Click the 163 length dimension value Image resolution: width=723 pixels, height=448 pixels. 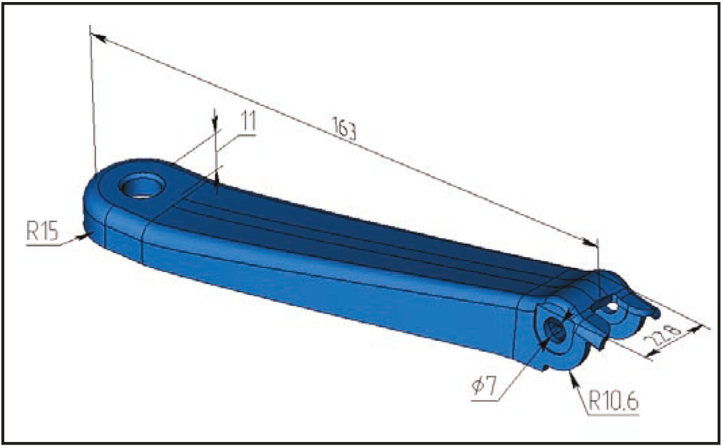(344, 129)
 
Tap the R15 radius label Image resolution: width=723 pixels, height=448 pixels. (43, 231)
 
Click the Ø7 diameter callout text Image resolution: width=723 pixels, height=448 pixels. (484, 385)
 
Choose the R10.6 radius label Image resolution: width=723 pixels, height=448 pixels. (613, 401)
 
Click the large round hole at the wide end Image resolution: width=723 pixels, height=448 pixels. (142, 186)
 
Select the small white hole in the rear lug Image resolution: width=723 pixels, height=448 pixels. (612, 306)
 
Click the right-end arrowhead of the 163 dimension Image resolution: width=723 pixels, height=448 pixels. (590, 242)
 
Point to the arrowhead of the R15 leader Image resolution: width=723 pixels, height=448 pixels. (84, 237)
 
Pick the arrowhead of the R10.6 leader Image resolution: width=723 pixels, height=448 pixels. (574, 378)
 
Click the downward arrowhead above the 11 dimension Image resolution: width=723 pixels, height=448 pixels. (215, 121)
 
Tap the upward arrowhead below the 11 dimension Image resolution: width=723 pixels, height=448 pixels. (216, 185)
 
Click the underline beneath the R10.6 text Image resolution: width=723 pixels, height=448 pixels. (613, 414)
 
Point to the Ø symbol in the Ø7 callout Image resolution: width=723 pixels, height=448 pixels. (477, 386)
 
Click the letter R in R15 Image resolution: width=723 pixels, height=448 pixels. (32, 231)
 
